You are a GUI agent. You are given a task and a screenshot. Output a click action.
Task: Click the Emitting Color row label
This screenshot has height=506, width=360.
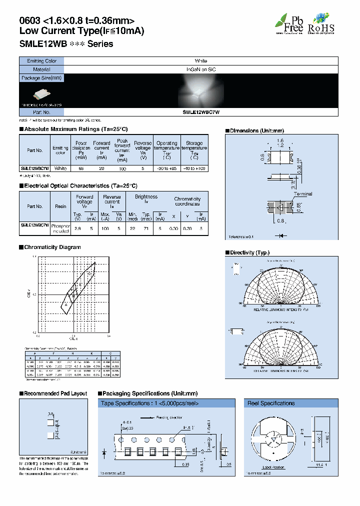41,61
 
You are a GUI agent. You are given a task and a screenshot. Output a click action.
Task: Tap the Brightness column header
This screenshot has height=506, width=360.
146,196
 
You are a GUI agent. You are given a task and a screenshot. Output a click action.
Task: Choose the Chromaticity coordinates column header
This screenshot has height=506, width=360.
187,201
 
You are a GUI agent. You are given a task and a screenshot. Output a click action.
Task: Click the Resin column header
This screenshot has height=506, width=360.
60,206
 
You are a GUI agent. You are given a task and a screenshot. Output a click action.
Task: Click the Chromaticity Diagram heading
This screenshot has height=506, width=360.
52,247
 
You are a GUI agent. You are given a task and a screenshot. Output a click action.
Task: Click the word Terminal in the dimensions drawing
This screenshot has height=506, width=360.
303,194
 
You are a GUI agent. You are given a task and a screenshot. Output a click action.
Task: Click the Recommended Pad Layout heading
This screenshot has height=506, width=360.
55,393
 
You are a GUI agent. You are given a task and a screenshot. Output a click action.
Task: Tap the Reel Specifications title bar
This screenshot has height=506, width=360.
270,403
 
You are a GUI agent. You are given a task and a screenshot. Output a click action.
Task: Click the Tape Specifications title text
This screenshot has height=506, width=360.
150,403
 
